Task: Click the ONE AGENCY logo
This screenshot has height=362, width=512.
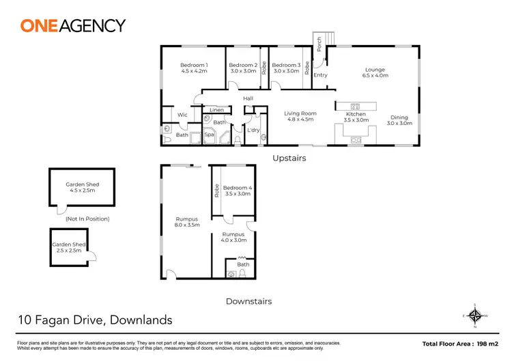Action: (73, 26)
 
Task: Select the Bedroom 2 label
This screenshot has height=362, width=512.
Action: (242, 67)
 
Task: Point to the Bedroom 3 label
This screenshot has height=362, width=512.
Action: (286, 67)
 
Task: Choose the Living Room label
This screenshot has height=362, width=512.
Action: (300, 116)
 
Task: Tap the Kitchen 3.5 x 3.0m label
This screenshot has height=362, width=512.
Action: (356, 117)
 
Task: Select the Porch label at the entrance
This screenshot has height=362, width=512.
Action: (319, 45)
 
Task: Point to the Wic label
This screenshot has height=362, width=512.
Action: (182, 115)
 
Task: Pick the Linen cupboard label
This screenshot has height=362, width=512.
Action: (216, 110)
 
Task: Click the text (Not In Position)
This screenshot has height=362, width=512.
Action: (87, 219)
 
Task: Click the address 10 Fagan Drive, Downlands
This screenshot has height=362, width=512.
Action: (94, 320)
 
